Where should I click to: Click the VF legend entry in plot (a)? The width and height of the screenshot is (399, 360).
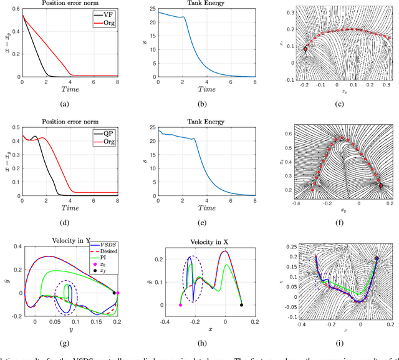pos(104,13)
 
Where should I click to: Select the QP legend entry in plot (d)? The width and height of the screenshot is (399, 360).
pos(104,132)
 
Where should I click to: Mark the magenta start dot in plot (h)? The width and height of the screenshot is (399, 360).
pos(180,305)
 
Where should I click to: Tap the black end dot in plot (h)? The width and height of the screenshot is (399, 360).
pos(242,305)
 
